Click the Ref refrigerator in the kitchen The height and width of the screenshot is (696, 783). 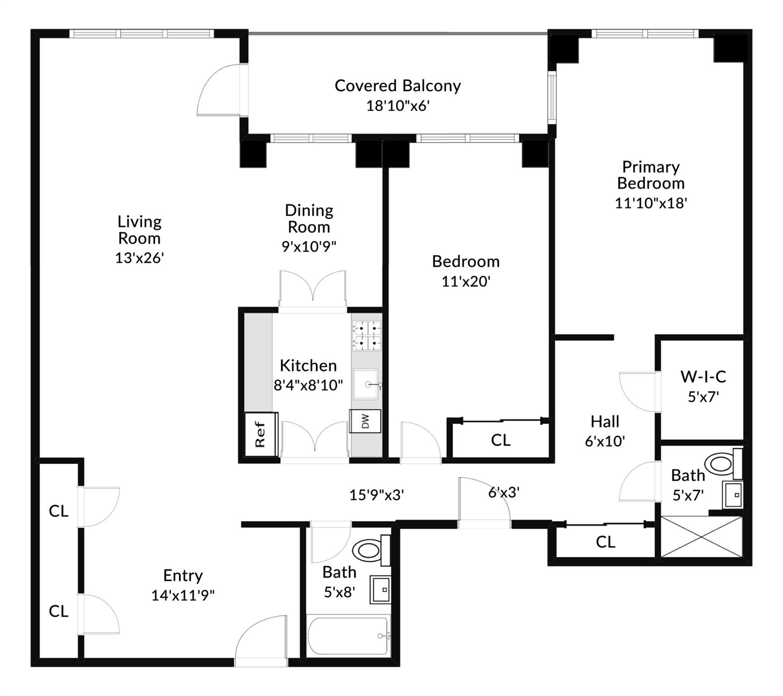pyautogui.click(x=261, y=434)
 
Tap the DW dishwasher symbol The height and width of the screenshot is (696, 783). pyautogui.click(x=365, y=421)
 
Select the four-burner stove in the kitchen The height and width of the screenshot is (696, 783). pyautogui.click(x=367, y=336)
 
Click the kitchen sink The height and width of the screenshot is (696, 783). pyautogui.click(x=366, y=385)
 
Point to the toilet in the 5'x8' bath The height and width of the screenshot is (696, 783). pyautogui.click(x=369, y=551)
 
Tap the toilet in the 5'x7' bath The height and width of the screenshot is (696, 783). pyautogui.click(x=721, y=464)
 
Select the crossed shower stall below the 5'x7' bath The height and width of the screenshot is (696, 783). pyautogui.click(x=701, y=536)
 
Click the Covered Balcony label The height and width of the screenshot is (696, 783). pyautogui.click(x=398, y=86)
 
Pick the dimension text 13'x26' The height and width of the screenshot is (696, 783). pyautogui.click(x=139, y=258)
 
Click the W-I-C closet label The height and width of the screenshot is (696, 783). pyautogui.click(x=703, y=377)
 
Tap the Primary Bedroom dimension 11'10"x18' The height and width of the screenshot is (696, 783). pyautogui.click(x=651, y=203)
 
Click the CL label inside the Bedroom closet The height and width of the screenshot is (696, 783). pyautogui.click(x=500, y=440)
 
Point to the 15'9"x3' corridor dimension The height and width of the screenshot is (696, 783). pyautogui.click(x=376, y=495)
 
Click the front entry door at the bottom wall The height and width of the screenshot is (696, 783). pyautogui.click(x=261, y=641)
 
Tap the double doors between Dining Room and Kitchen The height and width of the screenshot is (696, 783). pyautogui.click(x=312, y=289)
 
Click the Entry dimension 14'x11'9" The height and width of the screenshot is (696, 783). pyautogui.click(x=183, y=595)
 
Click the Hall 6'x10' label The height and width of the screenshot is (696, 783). pyautogui.click(x=605, y=431)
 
